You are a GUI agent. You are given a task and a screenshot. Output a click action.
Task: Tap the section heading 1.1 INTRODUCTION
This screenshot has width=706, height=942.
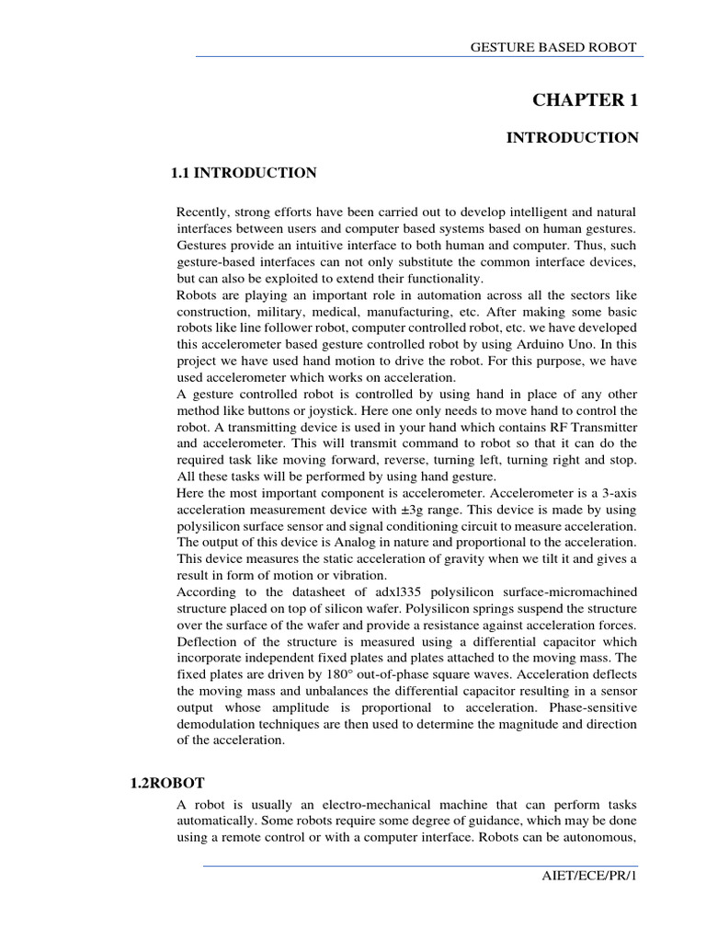(245, 173)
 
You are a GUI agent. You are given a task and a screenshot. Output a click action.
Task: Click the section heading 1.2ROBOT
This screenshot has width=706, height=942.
(165, 783)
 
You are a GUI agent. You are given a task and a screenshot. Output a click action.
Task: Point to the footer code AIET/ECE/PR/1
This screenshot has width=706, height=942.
(589, 902)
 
